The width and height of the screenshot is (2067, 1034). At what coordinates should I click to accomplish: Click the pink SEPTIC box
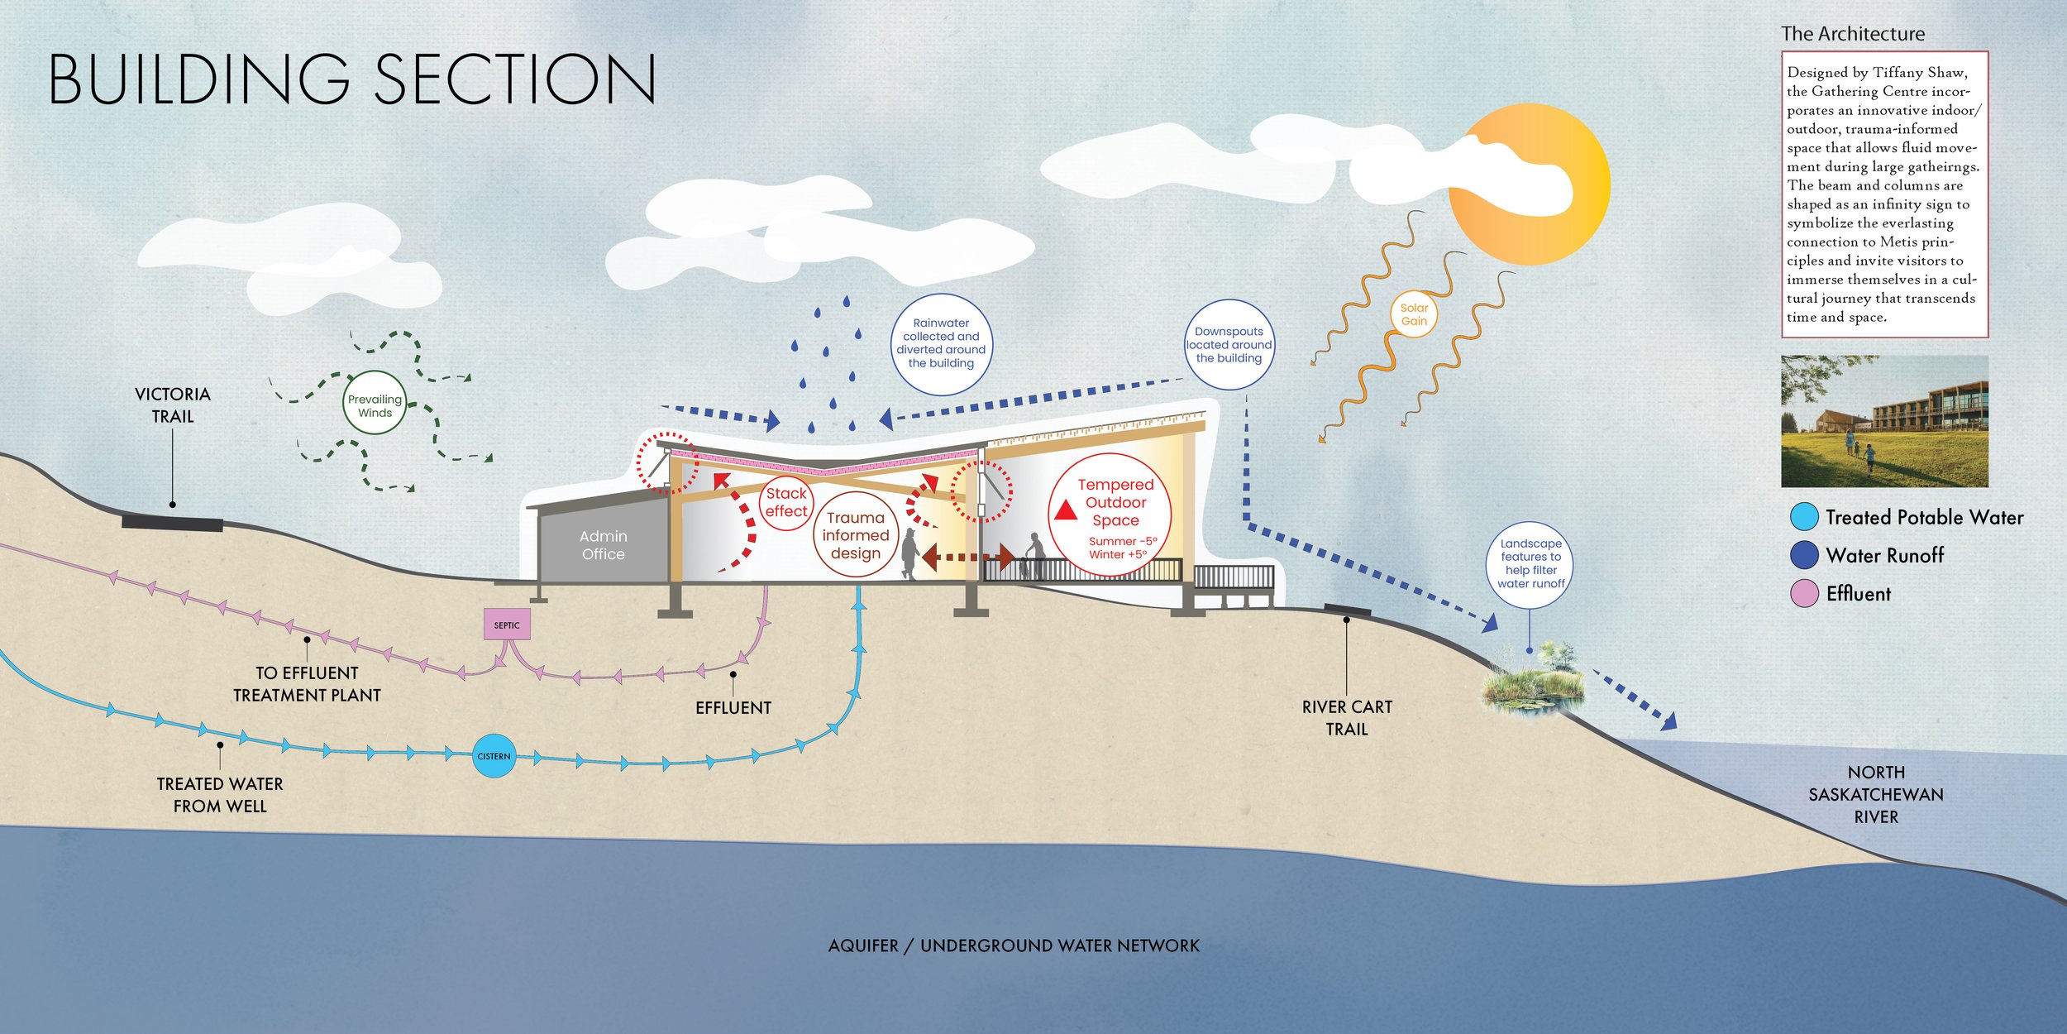point(507,625)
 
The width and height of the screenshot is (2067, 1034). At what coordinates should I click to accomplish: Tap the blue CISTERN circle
point(494,756)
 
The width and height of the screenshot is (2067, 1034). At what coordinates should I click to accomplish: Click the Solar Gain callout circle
point(1414,314)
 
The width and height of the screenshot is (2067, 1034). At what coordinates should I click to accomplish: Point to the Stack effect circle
point(785,502)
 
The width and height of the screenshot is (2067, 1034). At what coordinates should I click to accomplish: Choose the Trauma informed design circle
point(856,535)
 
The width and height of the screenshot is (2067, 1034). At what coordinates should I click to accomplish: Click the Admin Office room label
point(604,545)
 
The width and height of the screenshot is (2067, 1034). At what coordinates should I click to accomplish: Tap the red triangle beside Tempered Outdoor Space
point(1066,510)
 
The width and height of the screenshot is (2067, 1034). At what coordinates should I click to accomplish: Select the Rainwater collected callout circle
point(941,343)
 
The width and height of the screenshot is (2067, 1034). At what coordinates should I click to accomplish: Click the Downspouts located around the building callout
point(1229,345)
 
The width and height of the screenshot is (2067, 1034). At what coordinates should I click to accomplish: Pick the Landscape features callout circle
point(1530,563)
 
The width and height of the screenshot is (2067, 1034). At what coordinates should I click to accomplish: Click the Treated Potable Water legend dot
point(1803,517)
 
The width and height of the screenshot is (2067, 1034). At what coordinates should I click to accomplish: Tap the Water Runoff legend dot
point(1803,555)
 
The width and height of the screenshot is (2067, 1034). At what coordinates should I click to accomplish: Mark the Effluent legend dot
point(1803,593)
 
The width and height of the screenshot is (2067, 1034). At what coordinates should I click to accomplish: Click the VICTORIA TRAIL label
point(173,405)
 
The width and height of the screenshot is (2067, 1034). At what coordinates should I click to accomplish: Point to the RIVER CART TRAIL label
point(1347,718)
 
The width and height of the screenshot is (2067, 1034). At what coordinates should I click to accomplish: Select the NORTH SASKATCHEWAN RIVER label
point(1876,794)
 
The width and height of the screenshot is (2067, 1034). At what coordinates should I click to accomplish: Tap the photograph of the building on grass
point(1884,421)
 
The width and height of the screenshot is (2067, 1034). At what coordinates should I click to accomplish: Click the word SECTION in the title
point(516,79)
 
